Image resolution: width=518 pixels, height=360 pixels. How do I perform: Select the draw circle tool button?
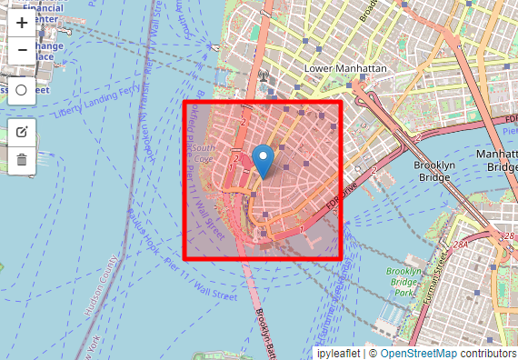pos(22,90)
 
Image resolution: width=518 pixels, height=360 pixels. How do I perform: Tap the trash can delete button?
pos(22,160)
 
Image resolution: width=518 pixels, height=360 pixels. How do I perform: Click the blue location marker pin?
pos(263,160)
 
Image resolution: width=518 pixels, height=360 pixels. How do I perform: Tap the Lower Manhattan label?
pos(345,69)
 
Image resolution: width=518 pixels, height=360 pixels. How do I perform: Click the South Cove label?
pos(203,153)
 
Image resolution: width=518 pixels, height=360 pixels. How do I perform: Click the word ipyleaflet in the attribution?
pos(336,353)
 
